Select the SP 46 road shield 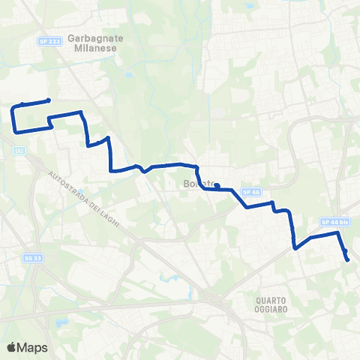click(x=255, y=192)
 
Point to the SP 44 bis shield click(x=335, y=222)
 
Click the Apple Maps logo click(x=27, y=347)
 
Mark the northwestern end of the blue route click(x=49, y=100)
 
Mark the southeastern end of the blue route click(x=348, y=259)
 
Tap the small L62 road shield click(x=19, y=151)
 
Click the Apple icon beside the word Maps click(x=11, y=346)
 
